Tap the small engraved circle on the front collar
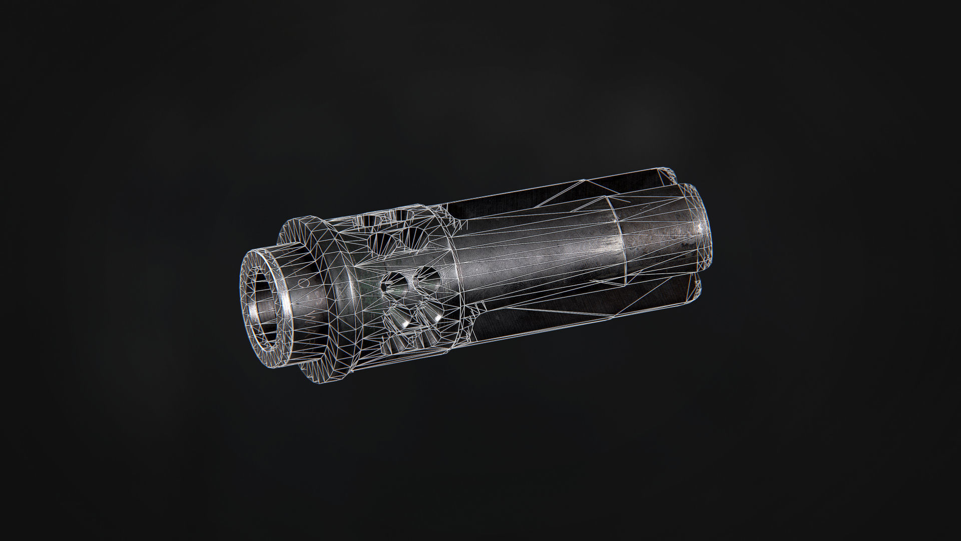[x=303, y=284]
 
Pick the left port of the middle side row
[x=395, y=283]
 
